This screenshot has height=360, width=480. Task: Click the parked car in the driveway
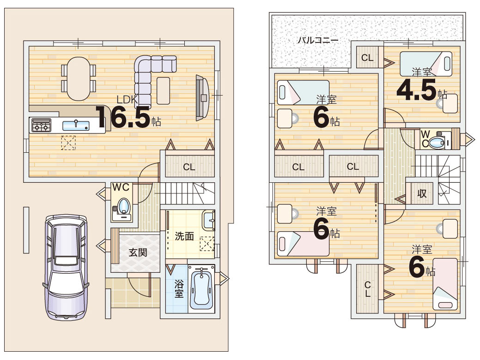coord(66,267)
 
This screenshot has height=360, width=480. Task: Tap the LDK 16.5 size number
coord(123,117)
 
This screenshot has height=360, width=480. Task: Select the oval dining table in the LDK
coord(79,78)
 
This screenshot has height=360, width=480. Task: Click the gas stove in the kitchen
coord(40,125)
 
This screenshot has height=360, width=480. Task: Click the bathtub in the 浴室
coord(201,289)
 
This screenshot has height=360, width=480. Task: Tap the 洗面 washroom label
coord(184,236)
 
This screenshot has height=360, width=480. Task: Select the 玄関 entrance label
coord(138,252)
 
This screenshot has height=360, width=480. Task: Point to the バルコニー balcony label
coord(318,40)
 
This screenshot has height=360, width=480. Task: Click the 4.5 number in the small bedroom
coord(416,90)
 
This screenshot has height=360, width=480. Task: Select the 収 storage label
coord(422,193)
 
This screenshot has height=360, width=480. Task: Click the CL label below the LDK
coord(189,167)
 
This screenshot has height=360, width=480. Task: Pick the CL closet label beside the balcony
coord(367,58)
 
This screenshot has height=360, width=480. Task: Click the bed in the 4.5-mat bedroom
coord(426,64)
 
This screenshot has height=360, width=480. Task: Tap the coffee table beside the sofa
coord(163,90)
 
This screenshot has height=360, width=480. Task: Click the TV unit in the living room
coord(202,97)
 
